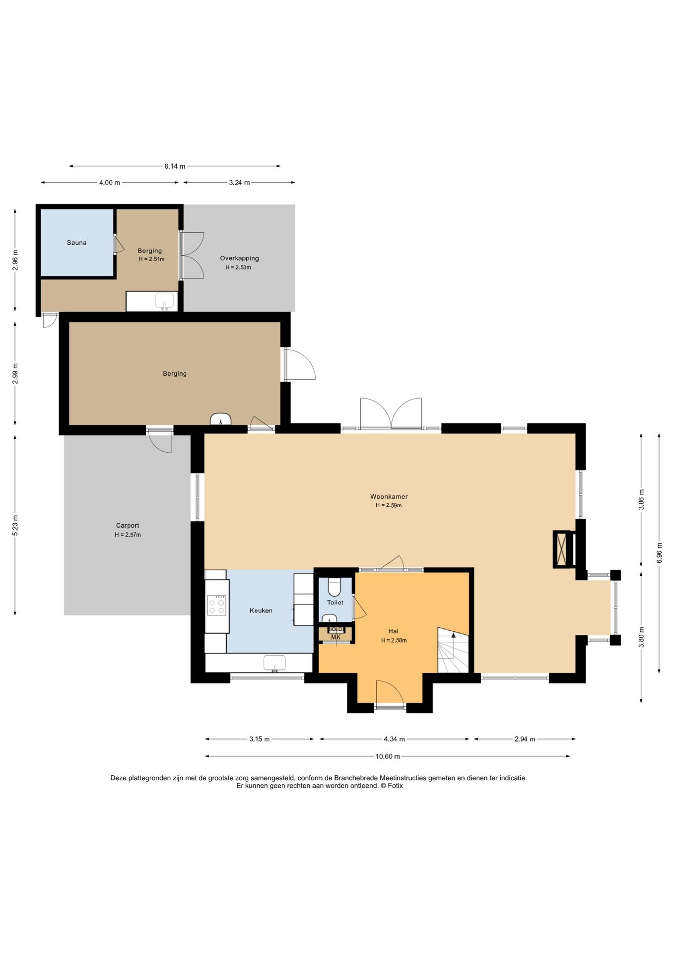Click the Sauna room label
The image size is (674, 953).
(x=76, y=243)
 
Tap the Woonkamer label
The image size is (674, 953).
(x=389, y=496)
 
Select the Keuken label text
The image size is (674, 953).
(x=261, y=611)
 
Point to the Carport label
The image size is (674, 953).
(x=128, y=525)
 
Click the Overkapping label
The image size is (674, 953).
(x=239, y=258)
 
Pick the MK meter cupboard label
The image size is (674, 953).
(x=336, y=637)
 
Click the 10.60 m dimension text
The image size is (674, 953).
(x=388, y=756)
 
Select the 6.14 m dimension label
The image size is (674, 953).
(x=175, y=166)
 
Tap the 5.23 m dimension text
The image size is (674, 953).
(x=15, y=525)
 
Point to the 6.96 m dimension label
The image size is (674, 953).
(x=659, y=553)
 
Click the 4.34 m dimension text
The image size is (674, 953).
(x=394, y=739)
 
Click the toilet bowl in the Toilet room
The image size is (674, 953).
(x=335, y=586)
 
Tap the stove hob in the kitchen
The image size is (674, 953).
(x=217, y=605)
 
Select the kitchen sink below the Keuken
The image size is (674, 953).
(x=274, y=663)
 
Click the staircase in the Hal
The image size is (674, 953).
(x=453, y=650)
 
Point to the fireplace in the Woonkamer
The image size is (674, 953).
(x=563, y=549)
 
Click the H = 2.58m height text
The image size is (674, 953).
(x=394, y=640)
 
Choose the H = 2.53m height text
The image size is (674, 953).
(x=238, y=268)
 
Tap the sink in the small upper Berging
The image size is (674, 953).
(x=165, y=301)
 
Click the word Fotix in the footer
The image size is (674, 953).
(x=396, y=786)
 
